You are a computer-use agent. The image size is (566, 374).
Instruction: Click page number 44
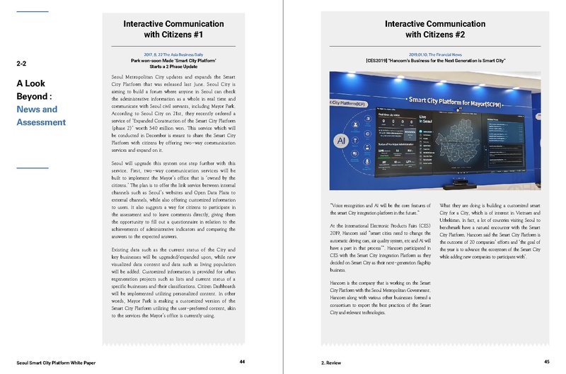tap(242, 361)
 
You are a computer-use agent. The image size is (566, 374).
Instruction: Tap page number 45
tap(546, 361)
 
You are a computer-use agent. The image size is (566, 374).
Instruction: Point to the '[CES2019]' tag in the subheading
tap(379, 60)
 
